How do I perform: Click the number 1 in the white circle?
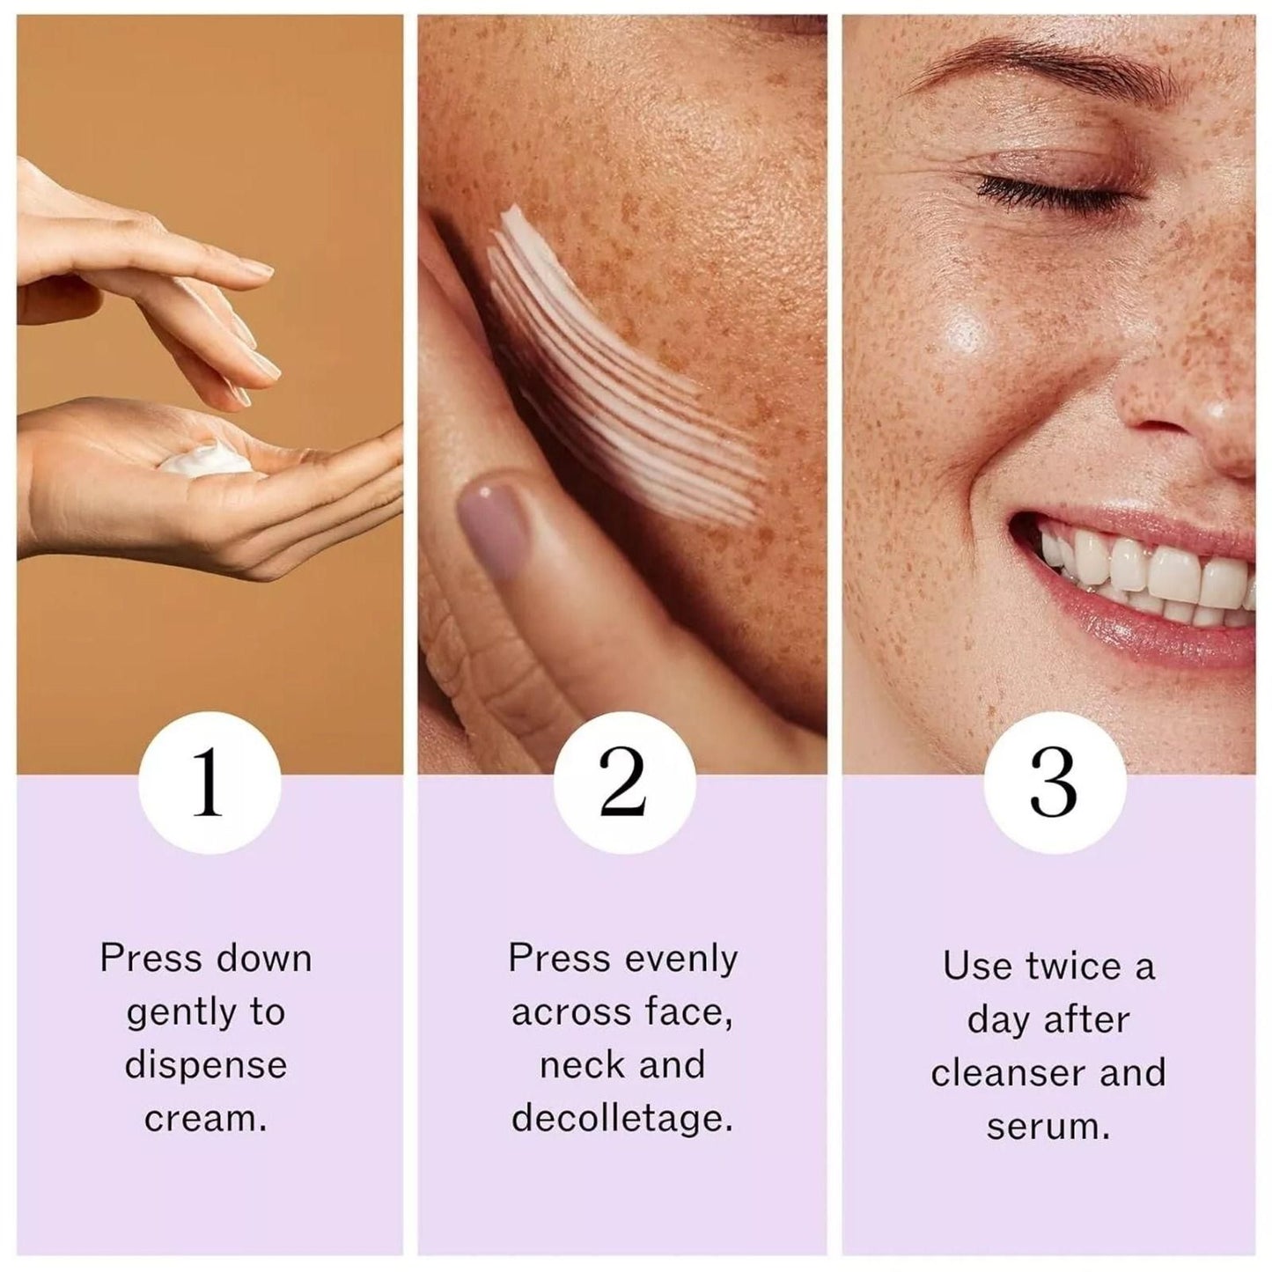(209, 783)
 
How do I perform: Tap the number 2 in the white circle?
(623, 783)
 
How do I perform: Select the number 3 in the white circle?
(1054, 783)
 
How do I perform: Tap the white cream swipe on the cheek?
(616, 370)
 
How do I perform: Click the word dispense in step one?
(206, 1065)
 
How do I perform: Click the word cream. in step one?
(205, 1119)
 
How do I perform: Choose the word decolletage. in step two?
(622, 1119)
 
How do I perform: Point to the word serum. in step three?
(1048, 1127)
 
